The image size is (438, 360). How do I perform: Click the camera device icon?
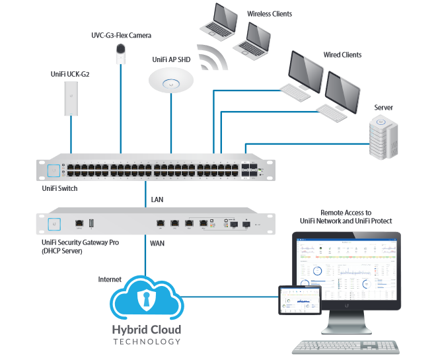[x=121, y=53]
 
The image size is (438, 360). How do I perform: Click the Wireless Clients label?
[x=270, y=14]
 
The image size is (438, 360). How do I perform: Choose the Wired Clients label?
[x=342, y=55]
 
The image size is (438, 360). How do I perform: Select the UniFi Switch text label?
[x=59, y=189]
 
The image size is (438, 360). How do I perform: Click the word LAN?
[x=157, y=199]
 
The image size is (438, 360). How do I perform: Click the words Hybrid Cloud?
[x=146, y=330]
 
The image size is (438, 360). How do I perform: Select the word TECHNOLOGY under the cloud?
[x=146, y=342]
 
